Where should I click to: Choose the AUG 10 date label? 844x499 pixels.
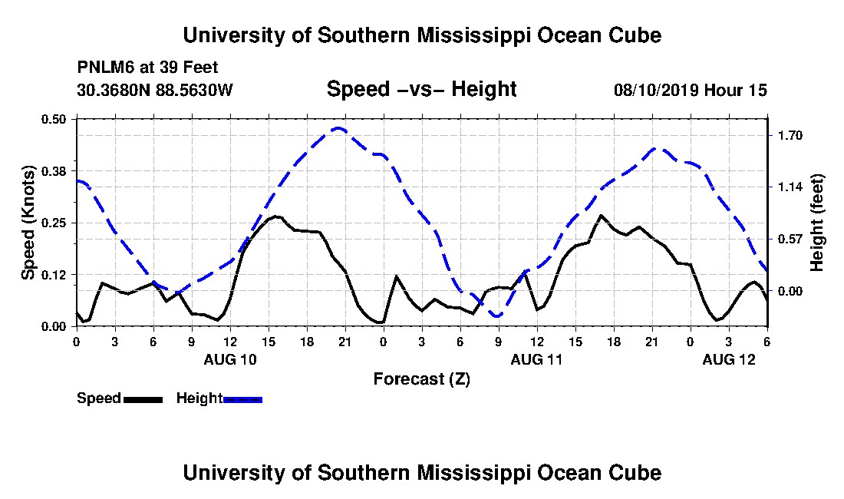point(230,359)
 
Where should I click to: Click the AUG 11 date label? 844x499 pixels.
point(537,359)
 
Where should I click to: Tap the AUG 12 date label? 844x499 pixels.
point(729,359)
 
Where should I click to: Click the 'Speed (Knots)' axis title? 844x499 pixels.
point(28,223)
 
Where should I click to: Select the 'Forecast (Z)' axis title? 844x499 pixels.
point(421,378)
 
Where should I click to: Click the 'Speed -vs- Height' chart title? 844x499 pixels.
point(421,90)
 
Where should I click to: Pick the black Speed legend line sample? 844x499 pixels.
point(143,399)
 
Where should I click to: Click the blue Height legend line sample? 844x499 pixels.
point(242,399)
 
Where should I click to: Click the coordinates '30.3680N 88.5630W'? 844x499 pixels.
point(154,91)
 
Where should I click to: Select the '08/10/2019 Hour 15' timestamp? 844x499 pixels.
point(691,91)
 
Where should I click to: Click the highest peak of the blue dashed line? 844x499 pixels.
point(338,128)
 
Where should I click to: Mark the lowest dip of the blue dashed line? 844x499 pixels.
point(497,316)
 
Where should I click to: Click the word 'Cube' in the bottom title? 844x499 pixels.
point(638,472)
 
